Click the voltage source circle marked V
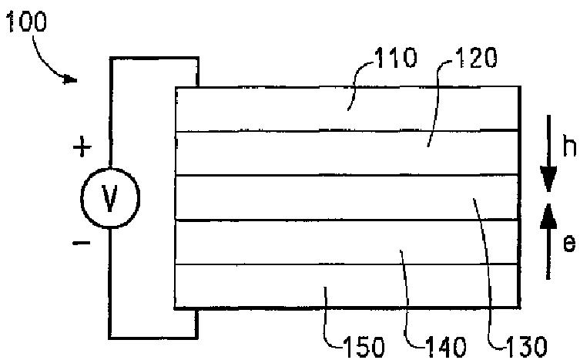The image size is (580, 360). click(110, 198)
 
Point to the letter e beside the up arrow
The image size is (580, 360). click(568, 244)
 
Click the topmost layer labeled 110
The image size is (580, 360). click(270, 109)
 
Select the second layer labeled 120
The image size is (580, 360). click(270, 153)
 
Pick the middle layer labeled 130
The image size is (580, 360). click(270, 198)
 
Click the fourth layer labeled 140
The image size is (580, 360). click(270, 242)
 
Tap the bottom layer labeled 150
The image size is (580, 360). click(270, 286)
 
